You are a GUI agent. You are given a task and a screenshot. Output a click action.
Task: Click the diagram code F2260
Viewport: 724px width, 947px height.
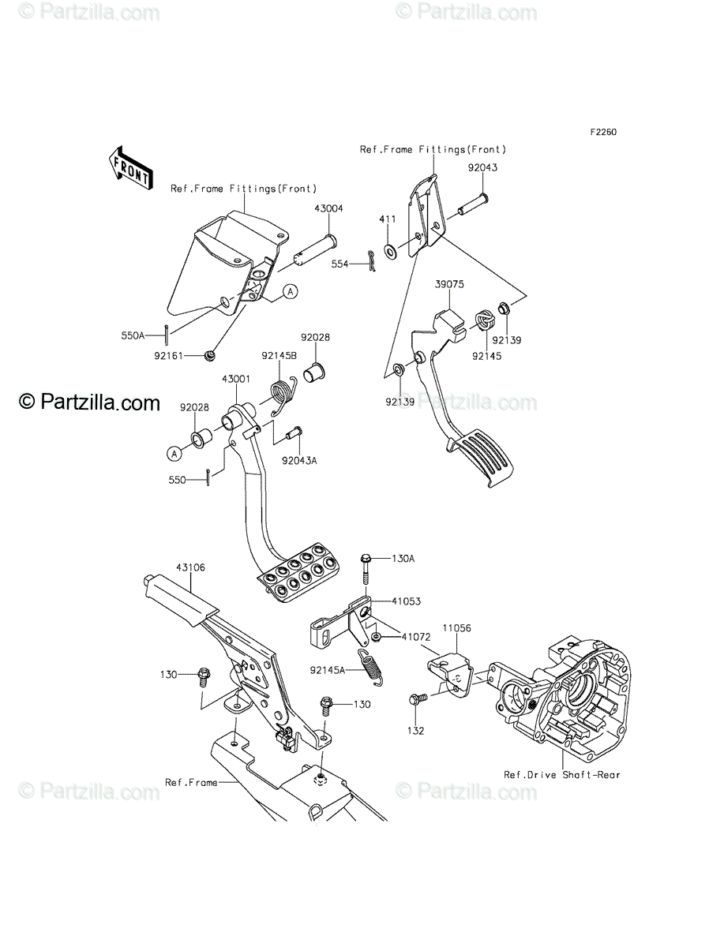coord(602,133)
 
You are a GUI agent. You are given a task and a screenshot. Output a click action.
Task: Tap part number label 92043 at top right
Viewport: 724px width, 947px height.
coord(482,168)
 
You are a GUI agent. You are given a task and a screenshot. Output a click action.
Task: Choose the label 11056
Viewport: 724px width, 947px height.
coord(456,627)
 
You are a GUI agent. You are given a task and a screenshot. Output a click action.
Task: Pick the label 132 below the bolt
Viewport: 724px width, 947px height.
coord(415,731)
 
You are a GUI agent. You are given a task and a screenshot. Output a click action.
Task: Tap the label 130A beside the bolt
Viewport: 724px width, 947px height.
coord(402,558)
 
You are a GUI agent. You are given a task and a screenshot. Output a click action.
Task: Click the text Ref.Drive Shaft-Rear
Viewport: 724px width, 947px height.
coord(562,775)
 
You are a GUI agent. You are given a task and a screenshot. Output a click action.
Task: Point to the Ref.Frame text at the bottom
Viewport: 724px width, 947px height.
coord(191,783)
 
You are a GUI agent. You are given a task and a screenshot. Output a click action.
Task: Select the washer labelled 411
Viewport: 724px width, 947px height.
coord(391,252)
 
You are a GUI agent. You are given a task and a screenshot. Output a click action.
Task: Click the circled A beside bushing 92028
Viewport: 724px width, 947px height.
coord(173,453)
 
